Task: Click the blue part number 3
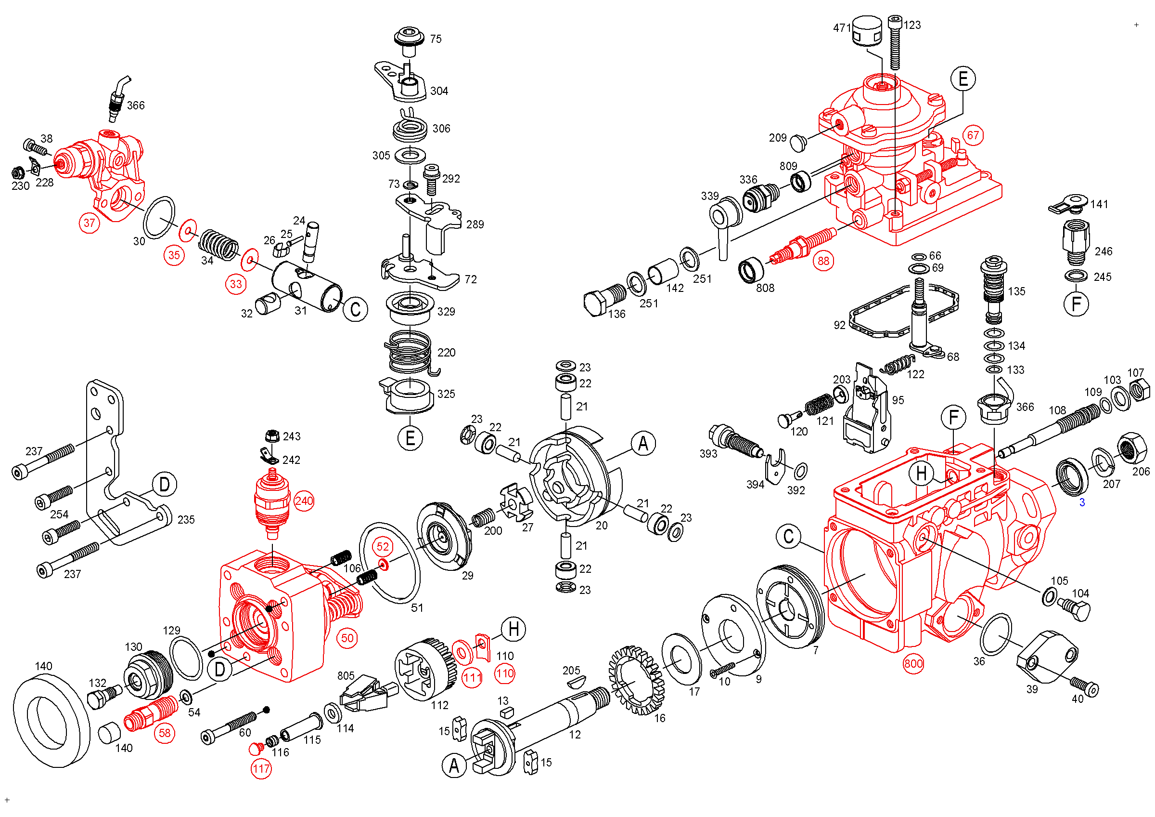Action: (x=1081, y=502)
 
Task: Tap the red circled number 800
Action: (x=913, y=663)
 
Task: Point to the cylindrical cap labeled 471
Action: (x=867, y=31)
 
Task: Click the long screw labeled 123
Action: (x=895, y=42)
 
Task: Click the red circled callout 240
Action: (x=304, y=501)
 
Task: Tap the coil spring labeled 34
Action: (x=218, y=244)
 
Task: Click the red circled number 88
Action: (x=823, y=261)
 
